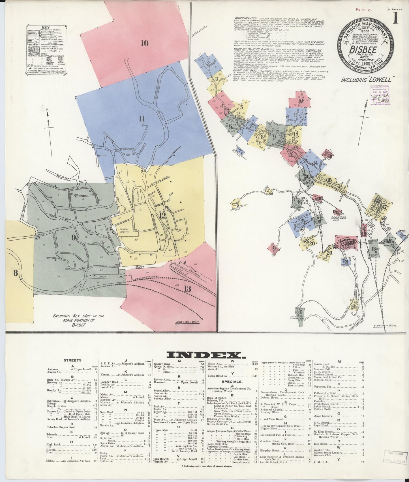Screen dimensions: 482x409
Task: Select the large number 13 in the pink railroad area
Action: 187,289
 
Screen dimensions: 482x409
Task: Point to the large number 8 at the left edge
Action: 16,273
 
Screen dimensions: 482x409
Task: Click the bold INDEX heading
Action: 204,355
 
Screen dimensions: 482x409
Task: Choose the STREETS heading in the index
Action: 72,360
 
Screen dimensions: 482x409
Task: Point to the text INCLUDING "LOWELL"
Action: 366,79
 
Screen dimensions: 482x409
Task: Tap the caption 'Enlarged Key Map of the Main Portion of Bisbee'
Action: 79,320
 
